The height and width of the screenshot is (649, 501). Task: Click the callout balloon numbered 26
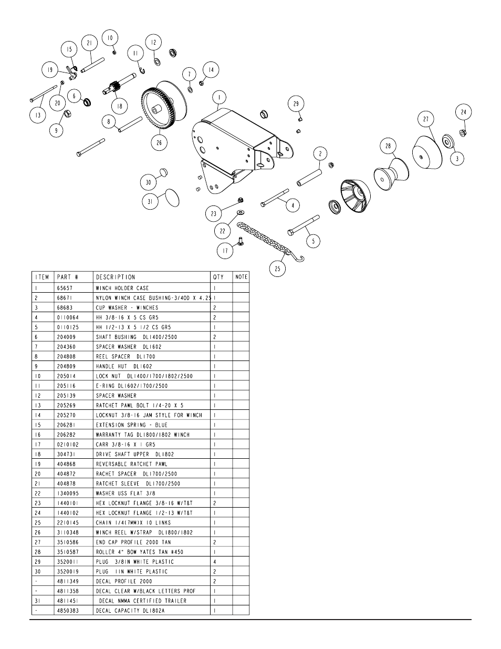click(159, 143)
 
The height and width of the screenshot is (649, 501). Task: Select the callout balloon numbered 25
click(277, 269)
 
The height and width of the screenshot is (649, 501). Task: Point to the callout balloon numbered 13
click(38, 115)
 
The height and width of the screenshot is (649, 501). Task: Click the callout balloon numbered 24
click(463, 112)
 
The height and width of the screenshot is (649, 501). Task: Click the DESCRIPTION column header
click(115, 277)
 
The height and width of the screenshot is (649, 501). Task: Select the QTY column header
click(218, 277)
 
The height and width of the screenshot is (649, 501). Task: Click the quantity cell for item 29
click(215, 561)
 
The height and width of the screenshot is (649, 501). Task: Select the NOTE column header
click(241, 277)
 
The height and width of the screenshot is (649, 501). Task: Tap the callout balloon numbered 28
click(388, 146)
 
